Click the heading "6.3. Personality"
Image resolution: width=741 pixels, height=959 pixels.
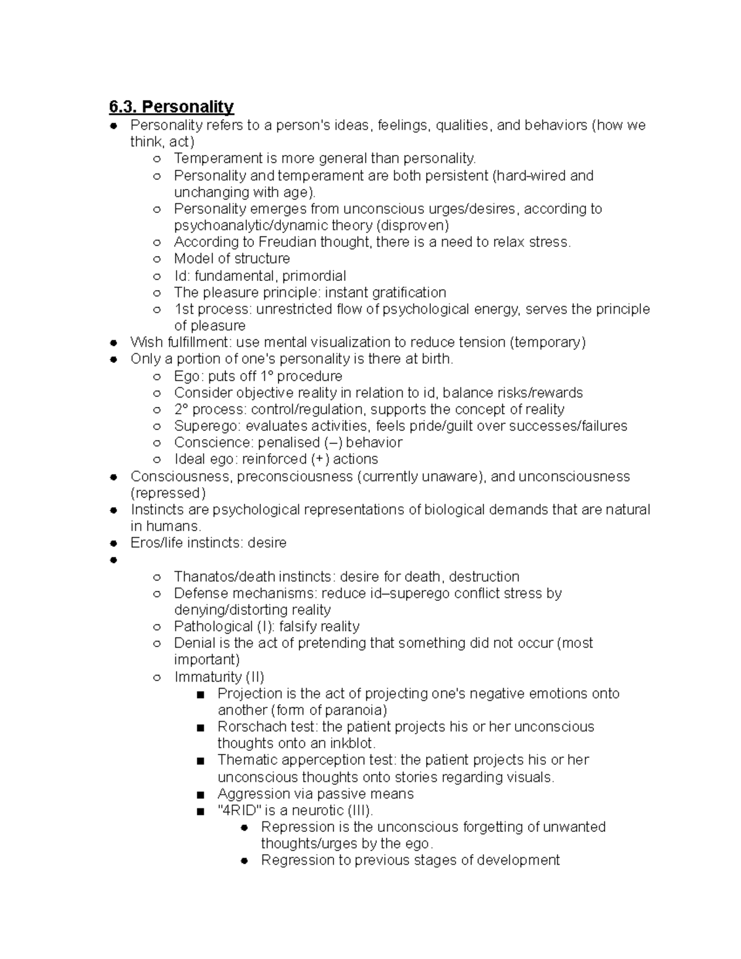(171, 107)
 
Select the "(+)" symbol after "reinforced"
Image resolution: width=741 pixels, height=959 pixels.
(320, 459)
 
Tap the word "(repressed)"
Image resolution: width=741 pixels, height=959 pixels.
(168, 493)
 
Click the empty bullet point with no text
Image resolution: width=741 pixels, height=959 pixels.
(114, 560)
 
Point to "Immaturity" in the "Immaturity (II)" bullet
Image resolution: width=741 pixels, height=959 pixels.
(207, 677)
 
